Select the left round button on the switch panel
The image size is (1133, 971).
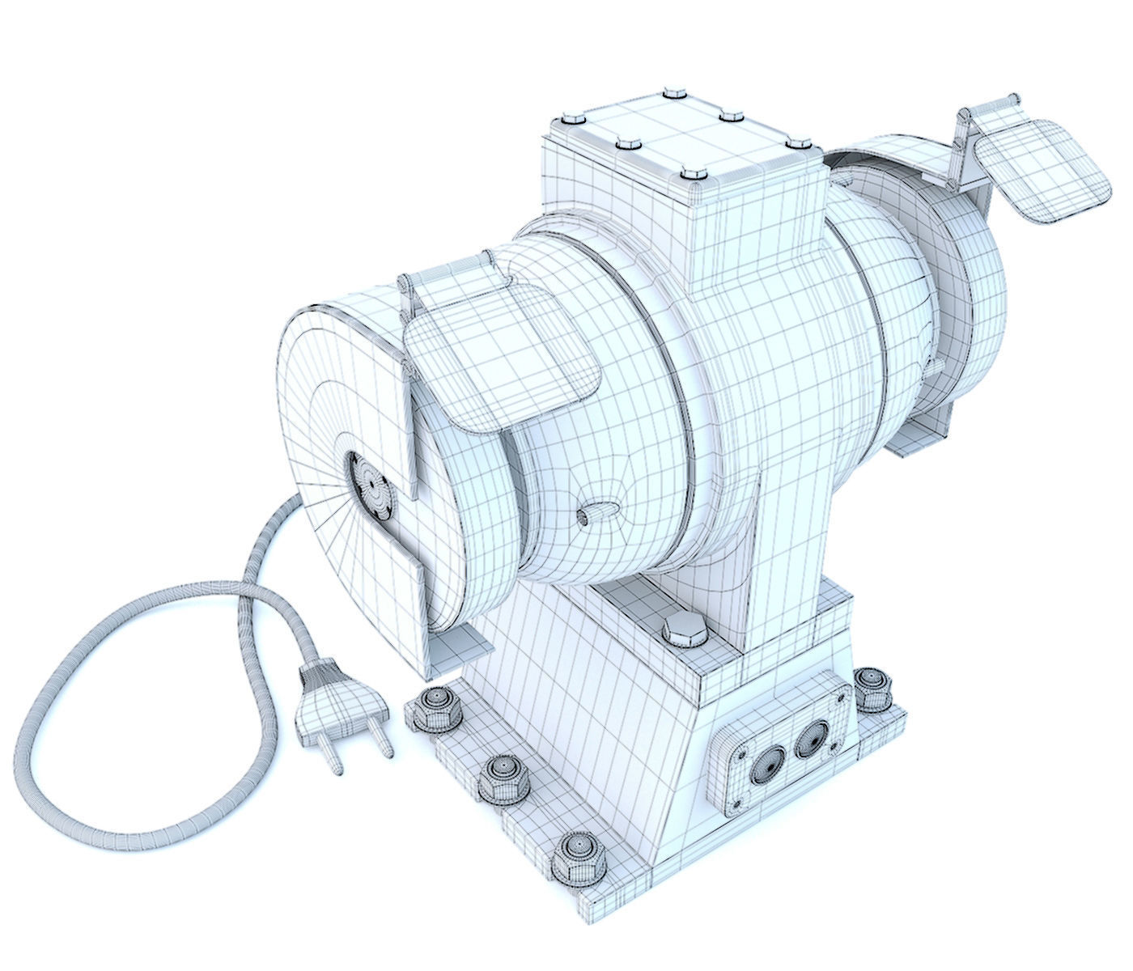766,763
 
